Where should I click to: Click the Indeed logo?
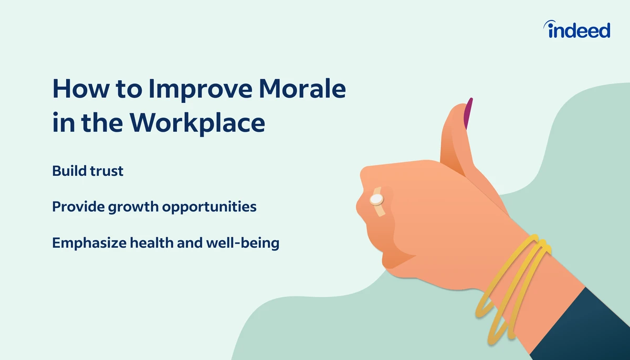pyautogui.click(x=576, y=29)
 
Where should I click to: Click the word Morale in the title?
pyautogui.click(x=302, y=89)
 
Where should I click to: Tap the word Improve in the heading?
pyautogui.click(x=201, y=90)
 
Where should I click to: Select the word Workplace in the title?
pyautogui.click(x=197, y=122)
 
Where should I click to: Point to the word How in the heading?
pyautogui.click(x=80, y=89)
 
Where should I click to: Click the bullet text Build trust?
pyautogui.click(x=88, y=171)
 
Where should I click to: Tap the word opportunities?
pyautogui.click(x=209, y=207)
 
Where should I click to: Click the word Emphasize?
pyautogui.click(x=89, y=243)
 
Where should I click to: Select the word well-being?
pyautogui.click(x=243, y=243)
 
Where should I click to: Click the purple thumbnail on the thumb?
pyautogui.click(x=468, y=113)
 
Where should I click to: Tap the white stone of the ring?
pyautogui.click(x=376, y=199)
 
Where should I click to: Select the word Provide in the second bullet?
pyautogui.click(x=78, y=206)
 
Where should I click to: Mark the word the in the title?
pyautogui.click(x=102, y=122)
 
